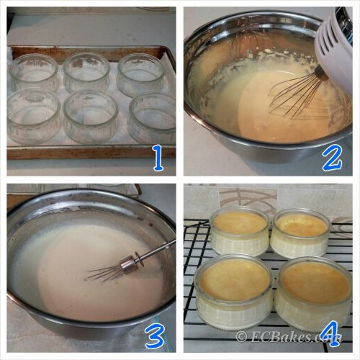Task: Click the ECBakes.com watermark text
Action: point(288,336)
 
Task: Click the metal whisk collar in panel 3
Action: point(128,264)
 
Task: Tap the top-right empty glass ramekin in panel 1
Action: point(141,75)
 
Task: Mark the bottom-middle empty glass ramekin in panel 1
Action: point(91,117)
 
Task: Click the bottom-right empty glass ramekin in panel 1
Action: point(152,118)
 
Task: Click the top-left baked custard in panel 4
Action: point(240,232)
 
